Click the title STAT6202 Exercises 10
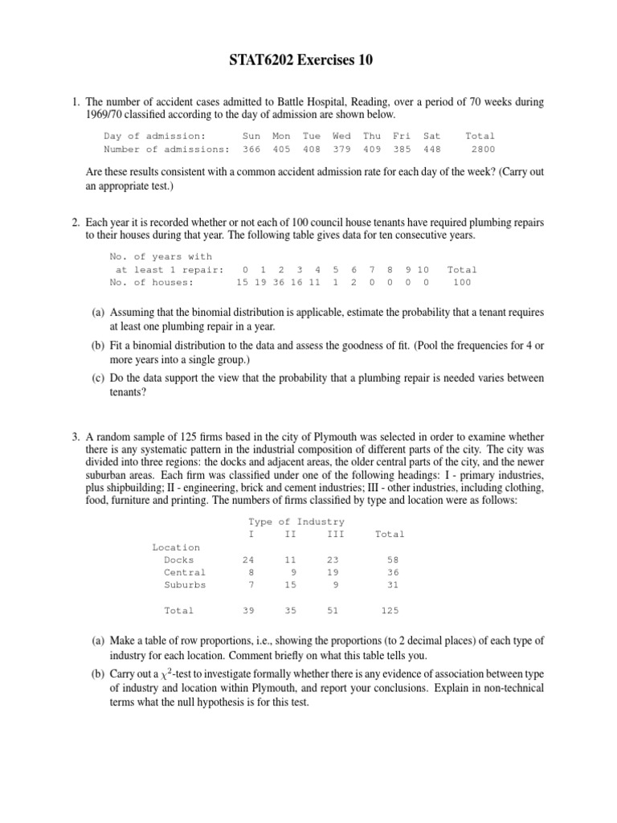[x=308, y=60]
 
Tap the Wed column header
[x=341, y=136]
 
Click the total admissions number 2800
[x=483, y=149]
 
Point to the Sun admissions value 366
[x=251, y=149]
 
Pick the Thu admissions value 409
[x=372, y=149]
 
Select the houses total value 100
[x=462, y=283]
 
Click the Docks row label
[x=178, y=559]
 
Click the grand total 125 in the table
[x=390, y=611]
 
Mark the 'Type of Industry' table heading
[x=296, y=522]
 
